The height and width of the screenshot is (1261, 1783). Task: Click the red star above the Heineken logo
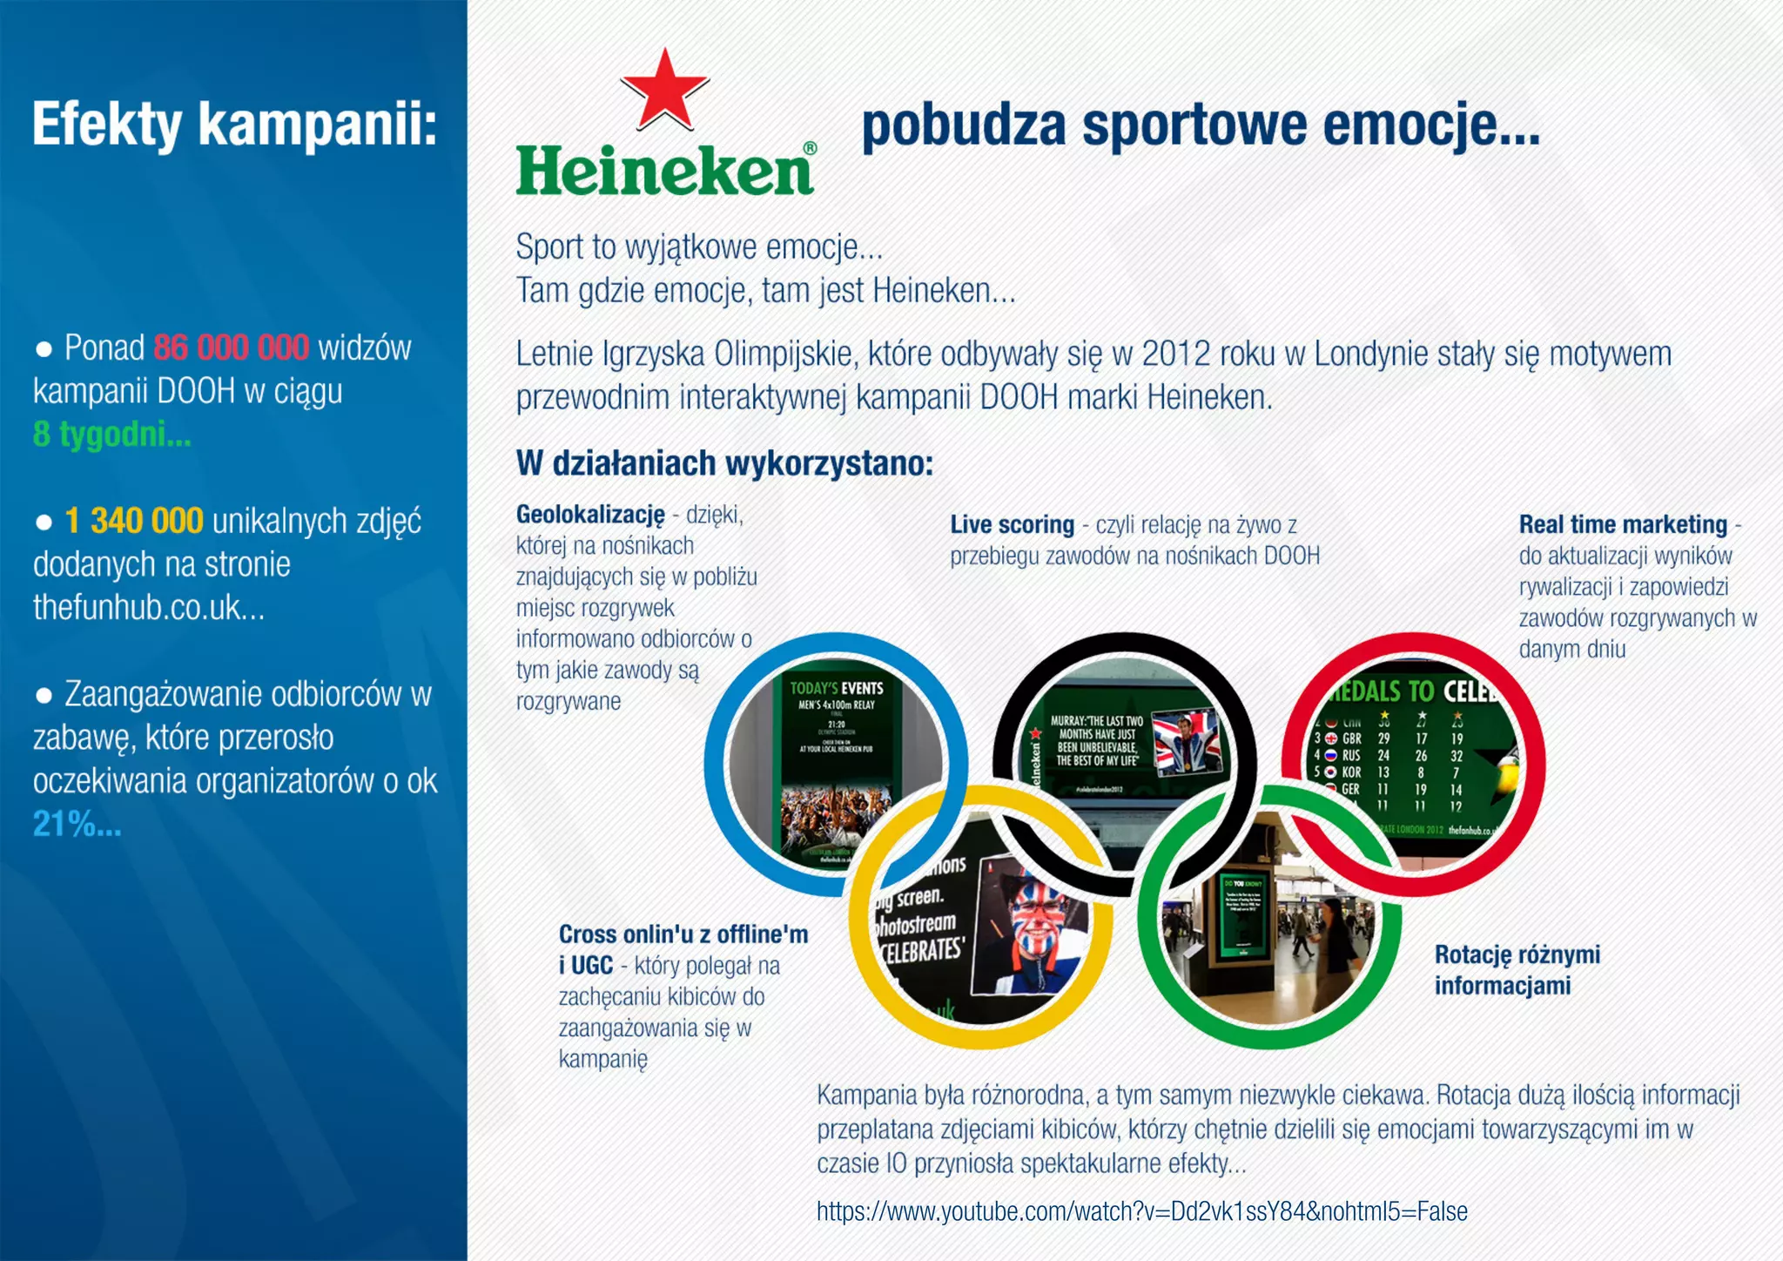(664, 89)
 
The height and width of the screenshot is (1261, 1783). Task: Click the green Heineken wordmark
(665, 171)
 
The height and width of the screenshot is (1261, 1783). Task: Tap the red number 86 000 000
(231, 348)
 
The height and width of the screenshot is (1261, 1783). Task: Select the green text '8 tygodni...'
(111, 434)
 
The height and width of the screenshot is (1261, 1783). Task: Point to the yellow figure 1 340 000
(134, 521)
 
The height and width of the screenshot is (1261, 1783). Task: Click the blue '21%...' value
(77, 824)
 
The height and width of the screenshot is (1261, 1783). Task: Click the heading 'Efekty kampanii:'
(234, 124)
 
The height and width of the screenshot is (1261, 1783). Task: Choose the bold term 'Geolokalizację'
(590, 515)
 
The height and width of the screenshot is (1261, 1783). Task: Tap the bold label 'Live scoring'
(1012, 525)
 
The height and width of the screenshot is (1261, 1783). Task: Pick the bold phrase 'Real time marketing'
(1623, 525)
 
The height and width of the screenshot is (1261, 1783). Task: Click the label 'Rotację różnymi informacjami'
(1517, 970)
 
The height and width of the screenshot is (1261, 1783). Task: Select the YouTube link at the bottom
(1141, 1211)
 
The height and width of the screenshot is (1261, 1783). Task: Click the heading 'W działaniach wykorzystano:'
(724, 463)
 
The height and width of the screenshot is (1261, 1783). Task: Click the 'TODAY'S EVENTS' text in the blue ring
(836, 688)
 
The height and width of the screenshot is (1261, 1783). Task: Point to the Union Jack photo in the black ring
(1186, 742)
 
